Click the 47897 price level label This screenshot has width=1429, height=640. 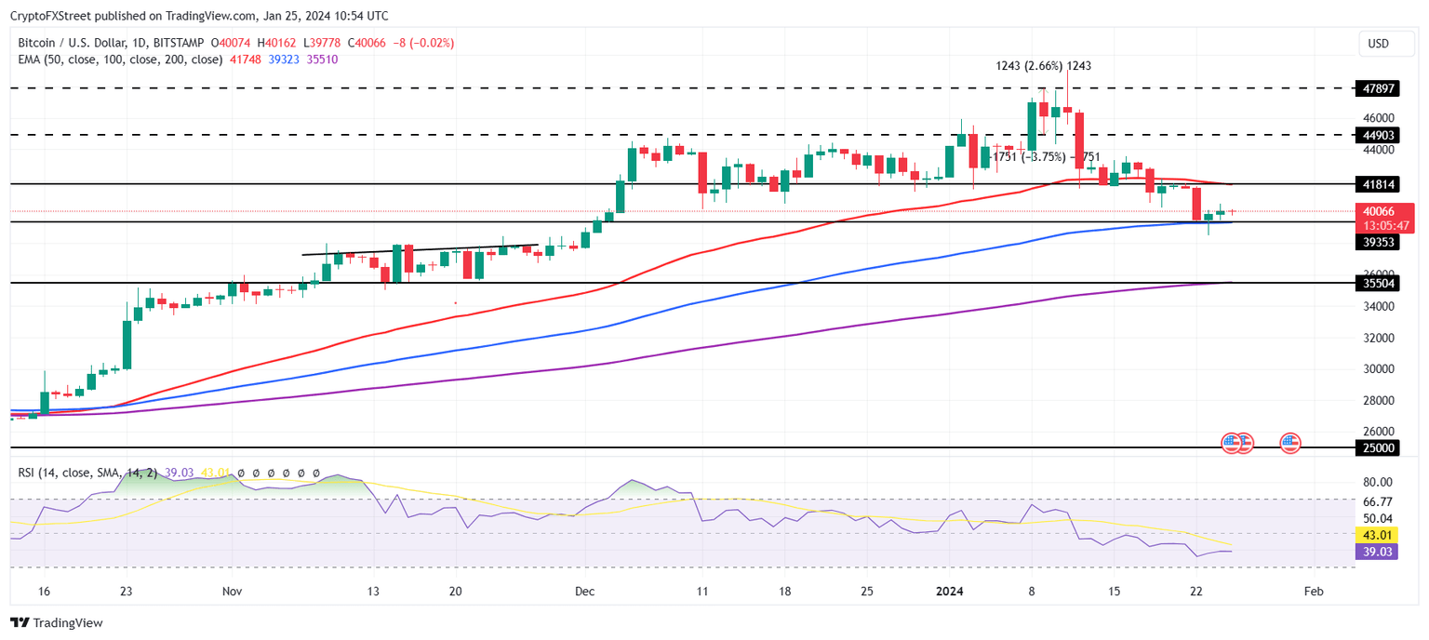click(x=1378, y=88)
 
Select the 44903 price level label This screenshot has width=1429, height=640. click(x=1378, y=135)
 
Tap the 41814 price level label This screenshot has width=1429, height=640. click(x=1378, y=184)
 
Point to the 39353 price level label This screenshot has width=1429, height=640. click(x=1378, y=241)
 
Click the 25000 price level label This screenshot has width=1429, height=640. click(x=1378, y=447)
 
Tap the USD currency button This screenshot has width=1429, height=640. click(x=1378, y=44)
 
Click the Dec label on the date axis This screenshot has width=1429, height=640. click(x=584, y=591)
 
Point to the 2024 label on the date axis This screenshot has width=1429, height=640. click(x=950, y=591)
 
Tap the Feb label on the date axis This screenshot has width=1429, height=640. click(x=1313, y=591)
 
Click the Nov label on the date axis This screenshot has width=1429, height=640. click(x=233, y=591)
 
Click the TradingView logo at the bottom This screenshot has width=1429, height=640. click(x=57, y=622)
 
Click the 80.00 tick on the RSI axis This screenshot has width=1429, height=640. click(x=1378, y=482)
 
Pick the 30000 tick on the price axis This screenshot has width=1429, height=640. click(x=1378, y=368)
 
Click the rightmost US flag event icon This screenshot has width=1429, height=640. click(x=1290, y=443)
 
